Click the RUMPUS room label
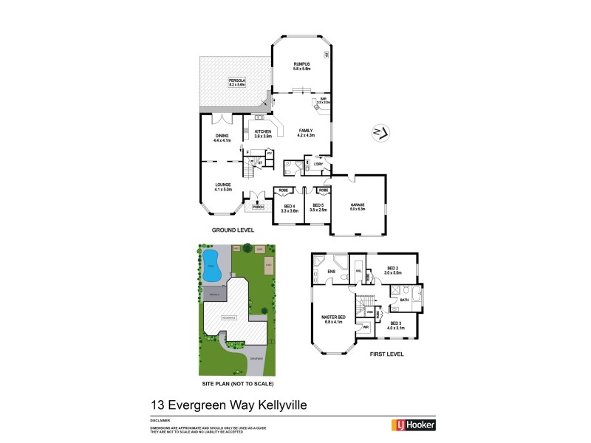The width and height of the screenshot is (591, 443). click(301, 66)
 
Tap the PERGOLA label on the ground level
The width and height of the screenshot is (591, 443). click(237, 83)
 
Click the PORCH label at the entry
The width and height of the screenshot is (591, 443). click(258, 207)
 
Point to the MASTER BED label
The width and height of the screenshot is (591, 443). click(333, 319)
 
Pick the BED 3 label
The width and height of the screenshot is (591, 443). click(394, 324)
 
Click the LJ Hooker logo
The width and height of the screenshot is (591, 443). click(412, 425)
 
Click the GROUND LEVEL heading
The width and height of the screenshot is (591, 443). click(233, 230)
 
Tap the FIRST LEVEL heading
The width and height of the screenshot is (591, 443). click(389, 354)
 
